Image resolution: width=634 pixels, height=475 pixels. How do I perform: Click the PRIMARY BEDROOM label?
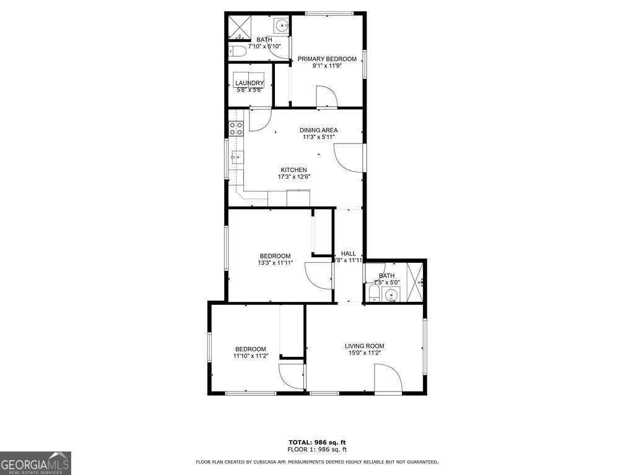pyautogui.click(x=327, y=59)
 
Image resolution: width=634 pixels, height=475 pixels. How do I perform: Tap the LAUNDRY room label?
pyautogui.click(x=250, y=83)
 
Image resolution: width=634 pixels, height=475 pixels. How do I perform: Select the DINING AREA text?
pyautogui.click(x=319, y=130)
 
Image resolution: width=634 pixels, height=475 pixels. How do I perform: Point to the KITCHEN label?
pyautogui.click(x=293, y=170)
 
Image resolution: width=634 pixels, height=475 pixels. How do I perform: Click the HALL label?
pyautogui.click(x=349, y=254)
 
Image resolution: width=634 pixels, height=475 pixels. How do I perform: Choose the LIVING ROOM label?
pyautogui.click(x=365, y=346)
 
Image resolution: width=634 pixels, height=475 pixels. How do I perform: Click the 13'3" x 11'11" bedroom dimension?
pyautogui.click(x=275, y=263)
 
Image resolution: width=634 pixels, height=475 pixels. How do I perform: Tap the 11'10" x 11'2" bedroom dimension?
pyautogui.click(x=250, y=356)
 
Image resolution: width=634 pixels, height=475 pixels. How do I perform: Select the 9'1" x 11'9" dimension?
pyautogui.click(x=327, y=66)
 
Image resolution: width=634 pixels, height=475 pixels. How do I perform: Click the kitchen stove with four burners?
pyautogui.click(x=236, y=128)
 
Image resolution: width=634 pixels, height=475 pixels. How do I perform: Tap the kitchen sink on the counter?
pyautogui.click(x=235, y=157)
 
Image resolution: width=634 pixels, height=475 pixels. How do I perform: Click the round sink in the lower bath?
pyautogui.click(x=391, y=295)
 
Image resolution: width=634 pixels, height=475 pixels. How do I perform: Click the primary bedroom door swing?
pyautogui.click(x=326, y=97)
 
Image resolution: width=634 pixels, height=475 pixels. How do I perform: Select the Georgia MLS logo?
pyautogui.click(x=35, y=463)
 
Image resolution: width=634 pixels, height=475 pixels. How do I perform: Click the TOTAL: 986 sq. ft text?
pyautogui.click(x=317, y=442)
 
